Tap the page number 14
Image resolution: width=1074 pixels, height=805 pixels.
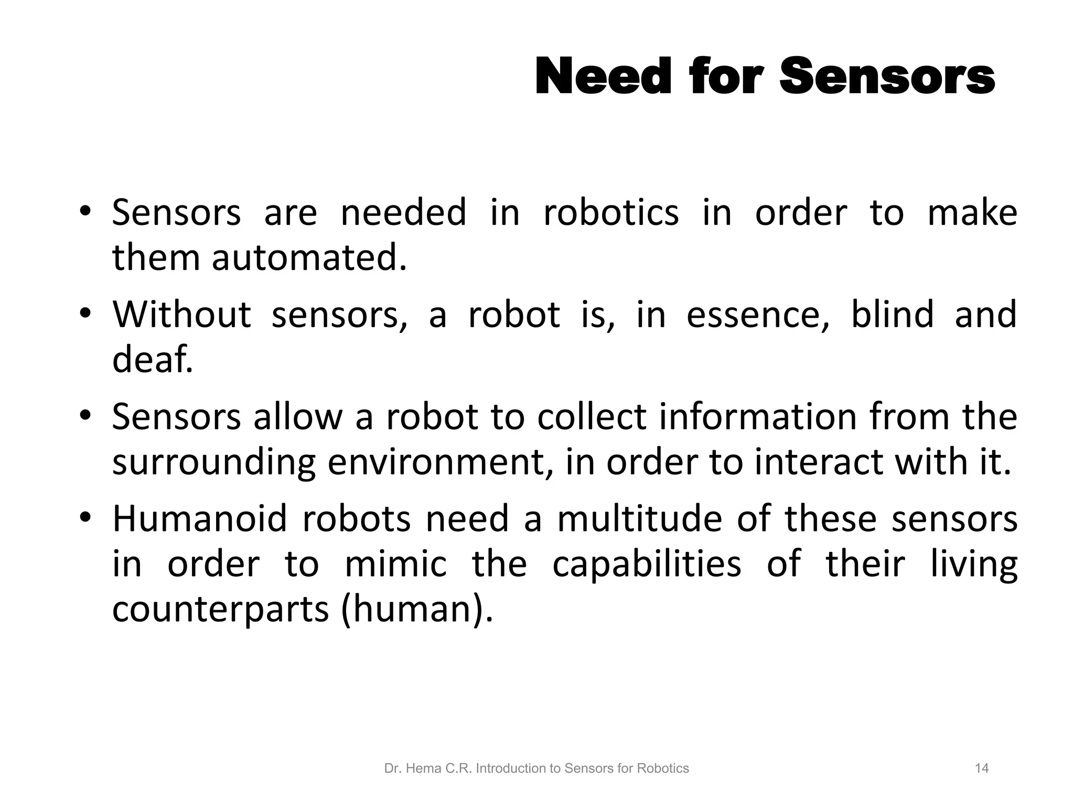click(981, 768)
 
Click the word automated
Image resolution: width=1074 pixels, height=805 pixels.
click(309, 258)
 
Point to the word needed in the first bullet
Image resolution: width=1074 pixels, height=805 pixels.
click(403, 213)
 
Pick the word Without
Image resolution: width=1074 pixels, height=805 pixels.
click(182, 314)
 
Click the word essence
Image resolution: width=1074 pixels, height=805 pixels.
click(757, 314)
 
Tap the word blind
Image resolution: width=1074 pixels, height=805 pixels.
click(892, 314)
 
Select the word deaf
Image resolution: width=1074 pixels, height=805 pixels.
click(152, 360)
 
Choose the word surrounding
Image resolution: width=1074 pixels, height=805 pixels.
click(214, 462)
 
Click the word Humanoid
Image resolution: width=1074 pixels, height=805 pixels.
click(200, 519)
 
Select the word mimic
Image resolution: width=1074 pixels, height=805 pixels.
click(396, 564)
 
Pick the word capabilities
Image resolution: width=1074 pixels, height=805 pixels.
click(647, 564)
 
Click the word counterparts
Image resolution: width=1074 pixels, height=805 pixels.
click(221, 610)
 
